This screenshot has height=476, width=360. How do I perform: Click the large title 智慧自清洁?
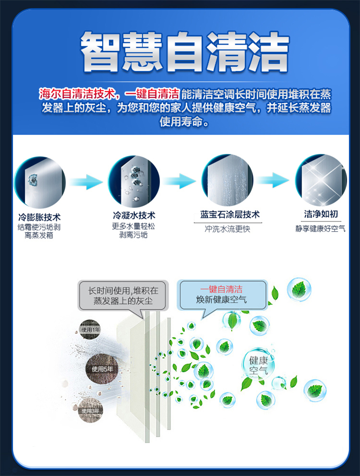pos(184,51)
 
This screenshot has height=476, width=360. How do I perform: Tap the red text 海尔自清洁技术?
pos(76,94)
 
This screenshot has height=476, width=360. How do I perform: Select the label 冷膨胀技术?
pos(39,217)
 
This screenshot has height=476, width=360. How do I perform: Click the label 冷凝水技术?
pos(134,215)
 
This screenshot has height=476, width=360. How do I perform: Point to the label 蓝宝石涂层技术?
pos(230,215)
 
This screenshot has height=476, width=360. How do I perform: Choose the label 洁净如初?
pos(321,214)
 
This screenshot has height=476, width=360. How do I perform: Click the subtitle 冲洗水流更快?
pos(228,229)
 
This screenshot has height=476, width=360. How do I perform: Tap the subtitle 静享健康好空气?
pos(320,229)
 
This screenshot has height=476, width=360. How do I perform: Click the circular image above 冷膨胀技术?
pos(39,182)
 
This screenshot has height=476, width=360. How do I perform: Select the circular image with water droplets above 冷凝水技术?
pos(134,181)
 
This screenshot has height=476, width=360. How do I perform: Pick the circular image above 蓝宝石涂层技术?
pos(228,180)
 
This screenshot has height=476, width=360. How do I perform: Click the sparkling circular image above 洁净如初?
pos(321,180)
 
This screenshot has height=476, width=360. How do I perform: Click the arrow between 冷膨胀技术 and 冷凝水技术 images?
pos(86,182)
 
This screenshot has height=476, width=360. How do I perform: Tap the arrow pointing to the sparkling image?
pos(272,180)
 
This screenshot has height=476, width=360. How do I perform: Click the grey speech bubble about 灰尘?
pos(123,296)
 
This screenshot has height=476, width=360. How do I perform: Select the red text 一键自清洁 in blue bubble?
pos(221,289)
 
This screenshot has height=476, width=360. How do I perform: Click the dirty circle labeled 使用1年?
pos(90,330)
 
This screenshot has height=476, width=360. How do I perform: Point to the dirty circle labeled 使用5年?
pos(102,369)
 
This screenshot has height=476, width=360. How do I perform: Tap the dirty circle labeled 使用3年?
pos(90,411)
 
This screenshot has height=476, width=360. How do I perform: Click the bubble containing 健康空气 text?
pos(258,366)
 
